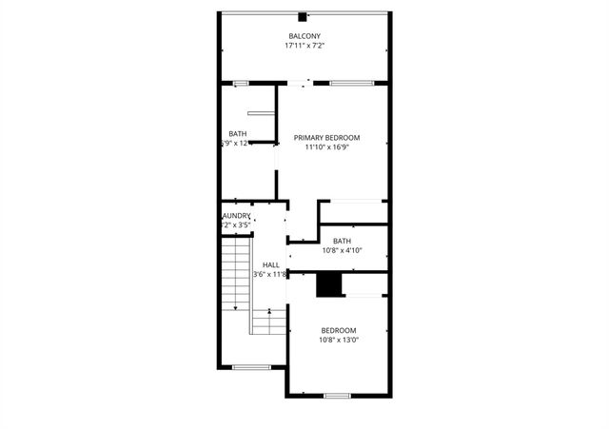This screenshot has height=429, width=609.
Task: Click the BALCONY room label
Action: coord(304,36)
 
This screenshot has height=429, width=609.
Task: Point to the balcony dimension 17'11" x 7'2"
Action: coord(304,46)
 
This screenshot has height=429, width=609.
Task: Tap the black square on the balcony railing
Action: coord(303,16)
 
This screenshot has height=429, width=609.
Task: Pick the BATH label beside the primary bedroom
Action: coord(238,133)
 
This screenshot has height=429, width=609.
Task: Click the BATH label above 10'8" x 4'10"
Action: coord(342,241)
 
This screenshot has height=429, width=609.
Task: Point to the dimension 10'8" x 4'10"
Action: coord(342,250)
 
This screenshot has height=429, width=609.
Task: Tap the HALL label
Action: coord(271,264)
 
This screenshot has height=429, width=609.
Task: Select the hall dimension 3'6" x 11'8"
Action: coord(270,274)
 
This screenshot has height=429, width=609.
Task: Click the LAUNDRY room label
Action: coord(236,216)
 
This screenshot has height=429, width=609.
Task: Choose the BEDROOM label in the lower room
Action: coord(338,330)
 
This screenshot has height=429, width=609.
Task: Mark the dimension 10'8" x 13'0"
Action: coord(338,340)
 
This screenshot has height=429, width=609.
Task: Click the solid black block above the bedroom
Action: coord(328,284)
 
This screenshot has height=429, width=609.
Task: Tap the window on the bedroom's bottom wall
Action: coord(337,395)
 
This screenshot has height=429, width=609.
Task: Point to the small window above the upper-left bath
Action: coord(241,84)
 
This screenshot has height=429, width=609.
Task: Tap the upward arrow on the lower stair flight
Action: coord(270,311)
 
